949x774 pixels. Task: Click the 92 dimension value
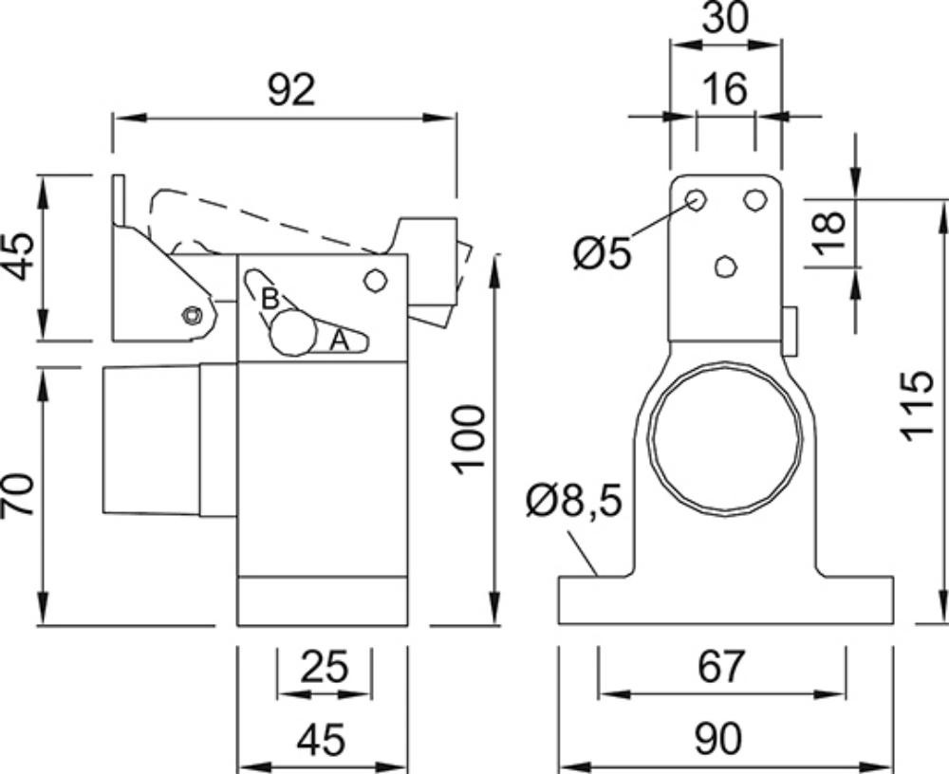291,91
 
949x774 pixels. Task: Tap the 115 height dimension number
915,406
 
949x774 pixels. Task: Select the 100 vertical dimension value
470,440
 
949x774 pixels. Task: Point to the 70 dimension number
18,494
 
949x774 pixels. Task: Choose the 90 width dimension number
717,738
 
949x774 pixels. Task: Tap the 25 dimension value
325,666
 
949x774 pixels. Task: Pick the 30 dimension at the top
725,19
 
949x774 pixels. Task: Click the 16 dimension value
726,89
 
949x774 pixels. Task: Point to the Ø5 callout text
603,252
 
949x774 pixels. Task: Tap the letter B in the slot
270,299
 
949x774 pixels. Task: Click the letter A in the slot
340,341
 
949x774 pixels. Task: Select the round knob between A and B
293,332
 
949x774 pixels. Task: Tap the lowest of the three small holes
725,267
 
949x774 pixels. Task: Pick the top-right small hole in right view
754,200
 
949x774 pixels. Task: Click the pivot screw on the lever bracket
193,315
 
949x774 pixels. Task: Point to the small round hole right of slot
375,281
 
